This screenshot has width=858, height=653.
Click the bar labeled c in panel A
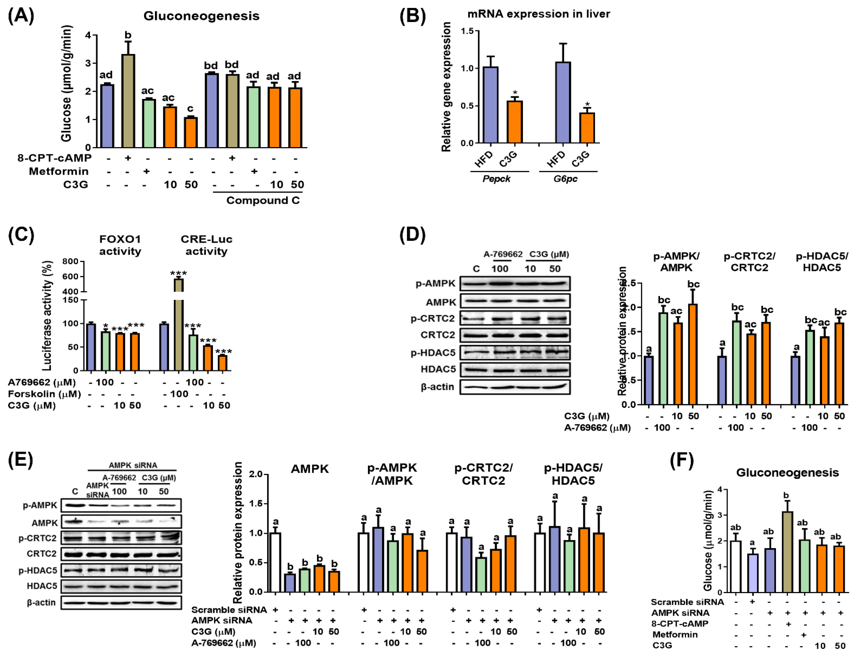pos(190,132)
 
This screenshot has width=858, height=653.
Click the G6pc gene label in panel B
pos(565,179)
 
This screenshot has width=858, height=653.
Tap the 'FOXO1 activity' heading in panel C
pos(120,245)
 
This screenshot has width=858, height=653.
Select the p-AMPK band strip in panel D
pos(515,283)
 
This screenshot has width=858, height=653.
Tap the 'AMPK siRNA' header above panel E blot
pos(133,465)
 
